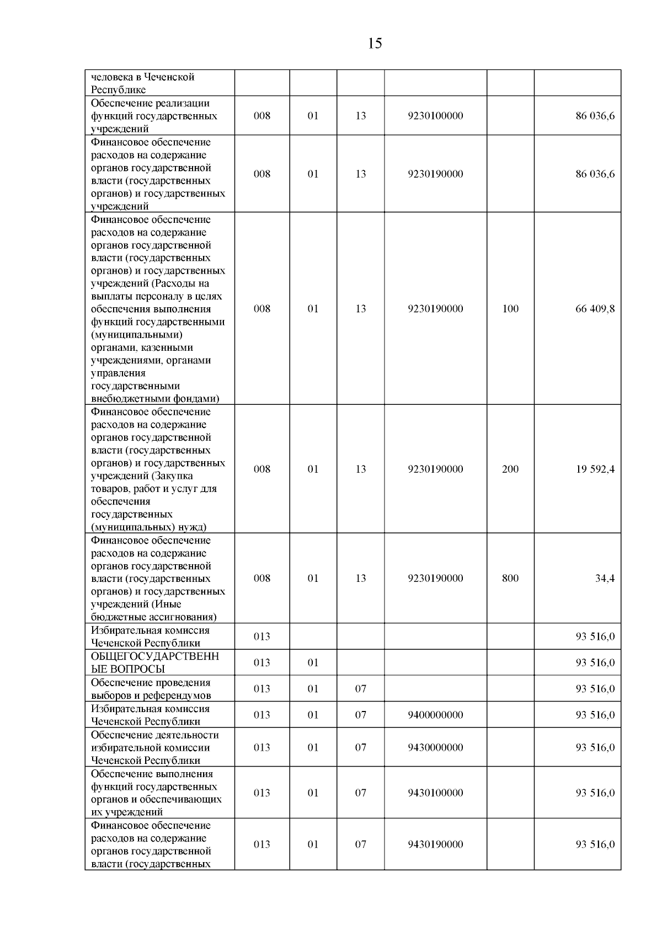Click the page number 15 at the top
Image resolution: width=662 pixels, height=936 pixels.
(x=374, y=44)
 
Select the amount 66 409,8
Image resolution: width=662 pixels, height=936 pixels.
(x=595, y=309)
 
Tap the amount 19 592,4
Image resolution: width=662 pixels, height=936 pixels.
(x=595, y=469)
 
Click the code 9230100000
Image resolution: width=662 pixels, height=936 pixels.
(x=435, y=116)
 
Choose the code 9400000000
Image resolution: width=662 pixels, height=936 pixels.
(x=435, y=715)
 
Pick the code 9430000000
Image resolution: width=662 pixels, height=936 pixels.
(x=435, y=747)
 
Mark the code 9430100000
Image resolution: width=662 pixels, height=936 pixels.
(x=435, y=793)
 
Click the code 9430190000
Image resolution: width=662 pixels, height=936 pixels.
(x=435, y=844)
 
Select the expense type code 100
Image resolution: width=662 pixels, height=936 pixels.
(x=510, y=309)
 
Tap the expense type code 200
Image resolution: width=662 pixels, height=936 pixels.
(x=510, y=469)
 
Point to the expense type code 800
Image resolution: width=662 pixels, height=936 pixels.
(x=510, y=579)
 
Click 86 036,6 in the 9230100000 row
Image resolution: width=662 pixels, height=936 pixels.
(x=595, y=116)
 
